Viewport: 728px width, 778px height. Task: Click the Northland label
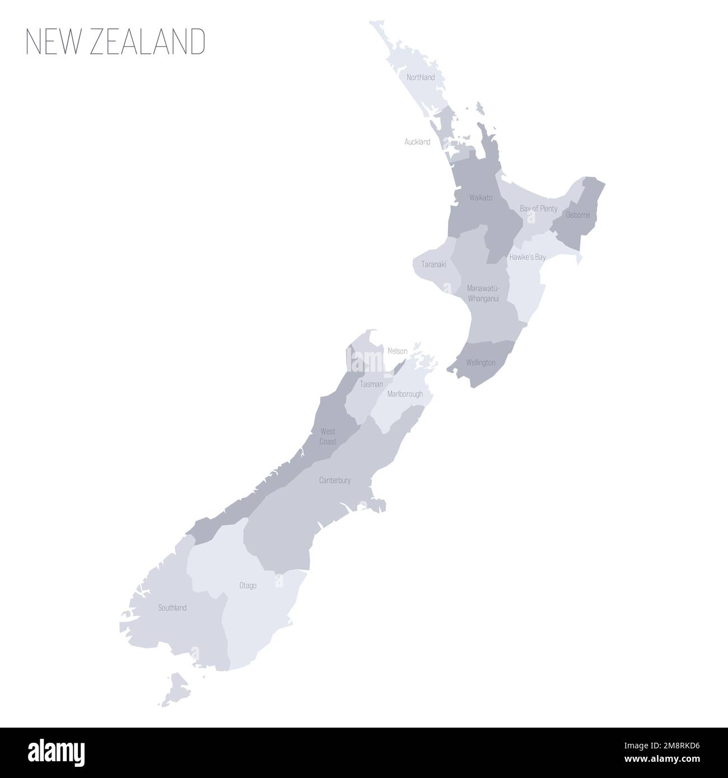pos(421,77)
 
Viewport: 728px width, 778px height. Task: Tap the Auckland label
pos(417,142)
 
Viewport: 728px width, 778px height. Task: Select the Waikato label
pos(481,198)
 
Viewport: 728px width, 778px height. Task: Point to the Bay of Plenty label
pos(538,209)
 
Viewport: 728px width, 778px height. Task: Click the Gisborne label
pos(578,215)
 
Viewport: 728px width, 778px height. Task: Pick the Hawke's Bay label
pos(527,257)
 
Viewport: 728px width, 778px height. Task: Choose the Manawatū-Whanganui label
pos(483,293)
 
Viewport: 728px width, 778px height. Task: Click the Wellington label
pos(480,363)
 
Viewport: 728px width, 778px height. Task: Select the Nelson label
pos(397,351)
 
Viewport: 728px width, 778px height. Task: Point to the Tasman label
pos(372,384)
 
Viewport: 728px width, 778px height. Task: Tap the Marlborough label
pos(405,394)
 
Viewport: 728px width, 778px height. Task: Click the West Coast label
pos(328,437)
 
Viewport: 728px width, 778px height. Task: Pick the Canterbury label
pos(335,480)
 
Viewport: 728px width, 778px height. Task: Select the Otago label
pos(248,585)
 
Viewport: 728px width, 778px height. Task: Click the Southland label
pos(172,608)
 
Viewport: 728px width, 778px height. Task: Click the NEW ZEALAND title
pos(116,42)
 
